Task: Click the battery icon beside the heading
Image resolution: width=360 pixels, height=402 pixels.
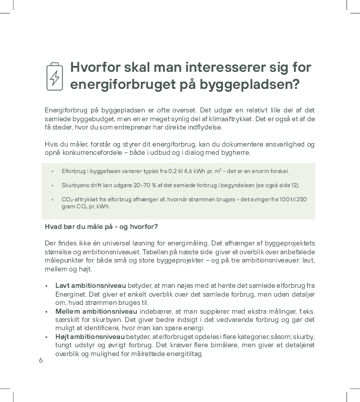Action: tap(54, 77)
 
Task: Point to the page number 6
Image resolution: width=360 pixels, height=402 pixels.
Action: tap(41, 361)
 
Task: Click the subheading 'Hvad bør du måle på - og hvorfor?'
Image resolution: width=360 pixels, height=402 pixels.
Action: tap(101, 227)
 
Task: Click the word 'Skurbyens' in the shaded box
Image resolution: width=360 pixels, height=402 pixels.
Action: tap(74, 185)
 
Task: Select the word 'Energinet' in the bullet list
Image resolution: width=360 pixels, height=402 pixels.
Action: tap(71, 294)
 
